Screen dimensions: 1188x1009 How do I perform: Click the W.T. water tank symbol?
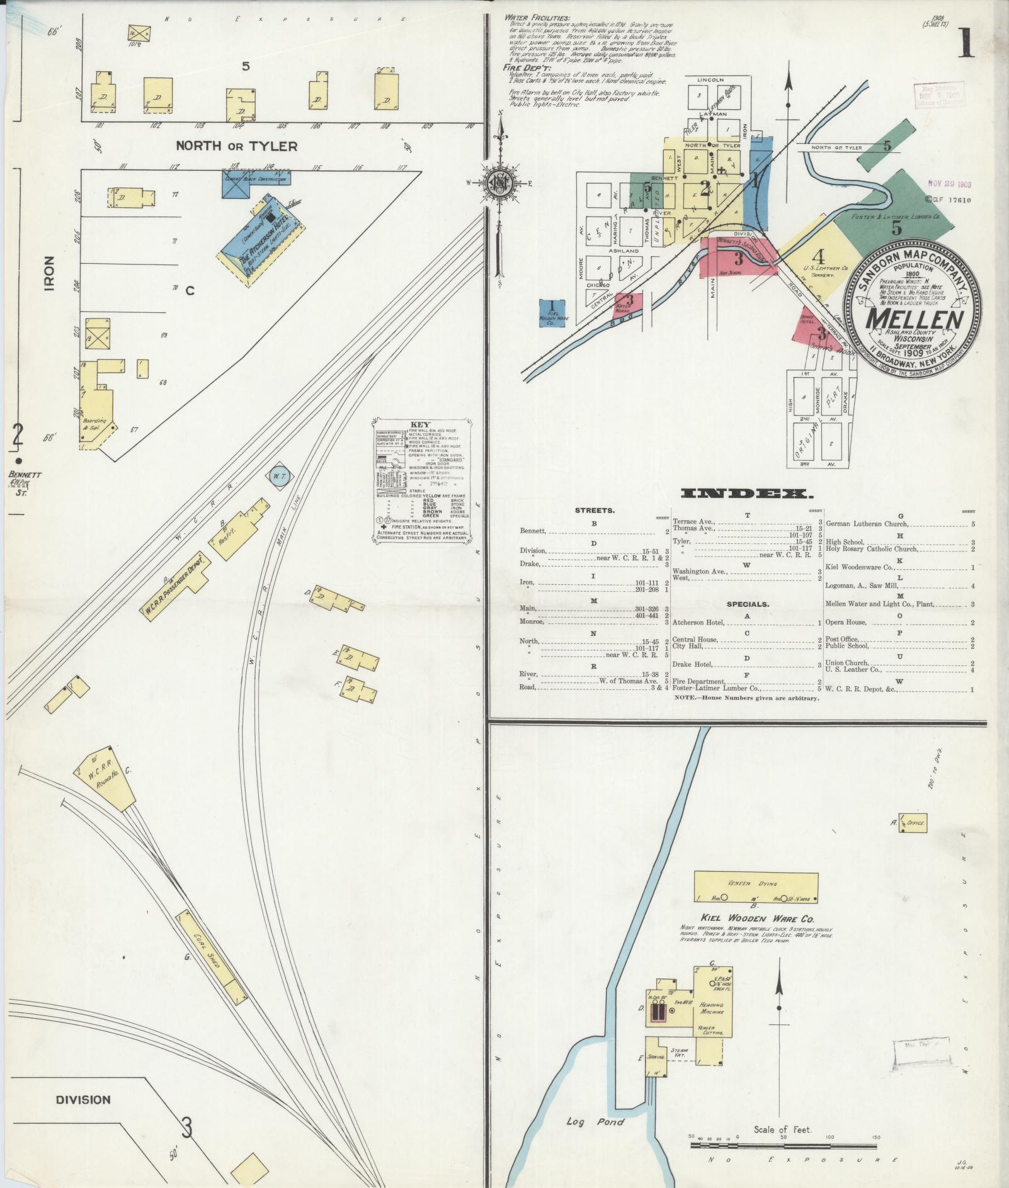pyautogui.click(x=278, y=477)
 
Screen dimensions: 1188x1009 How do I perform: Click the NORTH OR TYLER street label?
pyautogui.click(x=236, y=146)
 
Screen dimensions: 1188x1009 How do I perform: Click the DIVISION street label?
pyautogui.click(x=83, y=1099)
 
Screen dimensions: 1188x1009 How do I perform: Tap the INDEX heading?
pyautogui.click(x=747, y=493)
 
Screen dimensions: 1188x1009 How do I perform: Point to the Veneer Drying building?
pyautogui.click(x=755, y=888)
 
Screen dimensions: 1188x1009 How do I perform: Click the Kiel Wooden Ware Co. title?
pyautogui.click(x=757, y=919)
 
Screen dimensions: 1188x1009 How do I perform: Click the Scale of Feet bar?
pyautogui.click(x=784, y=1144)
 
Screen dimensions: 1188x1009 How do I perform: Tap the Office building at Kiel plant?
pyautogui.click(x=911, y=823)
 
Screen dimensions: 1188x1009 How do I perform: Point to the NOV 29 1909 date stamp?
pyautogui.click(x=949, y=184)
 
